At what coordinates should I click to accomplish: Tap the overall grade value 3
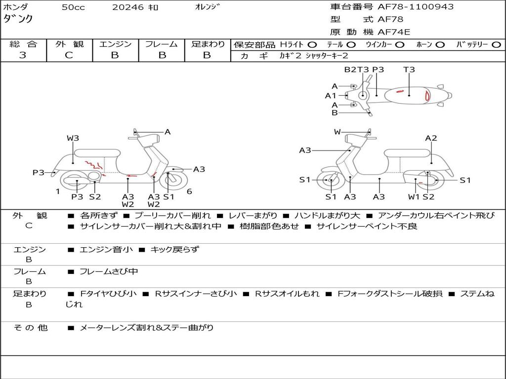[23, 55]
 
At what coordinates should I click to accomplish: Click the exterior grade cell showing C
[69, 55]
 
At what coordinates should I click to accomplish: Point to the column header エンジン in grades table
[115, 44]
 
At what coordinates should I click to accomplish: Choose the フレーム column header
[162, 44]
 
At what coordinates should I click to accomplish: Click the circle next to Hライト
[313, 44]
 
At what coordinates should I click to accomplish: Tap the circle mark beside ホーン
[440, 44]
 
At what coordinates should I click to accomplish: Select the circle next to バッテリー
[496, 44]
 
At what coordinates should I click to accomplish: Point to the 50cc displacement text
[73, 7]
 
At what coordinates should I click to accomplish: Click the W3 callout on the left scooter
[73, 138]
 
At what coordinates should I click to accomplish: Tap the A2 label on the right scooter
[431, 138]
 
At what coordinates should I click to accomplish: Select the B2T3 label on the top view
[357, 70]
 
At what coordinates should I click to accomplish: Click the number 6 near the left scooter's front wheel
[189, 191]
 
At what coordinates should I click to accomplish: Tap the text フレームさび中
[109, 271]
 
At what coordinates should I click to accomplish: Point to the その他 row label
[31, 327]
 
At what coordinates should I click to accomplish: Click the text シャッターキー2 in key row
[327, 56]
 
